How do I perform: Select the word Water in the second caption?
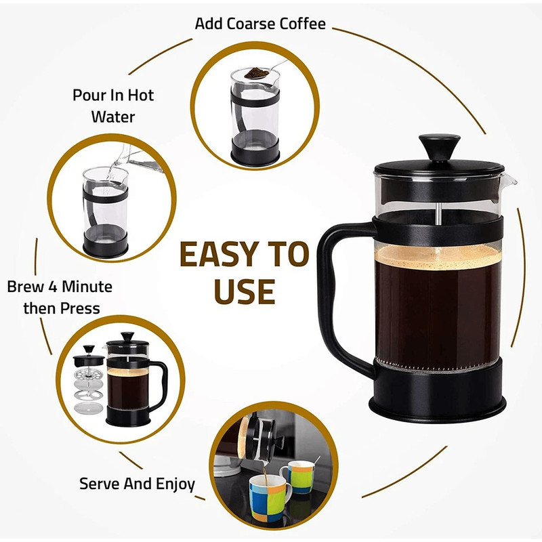[x=113, y=117]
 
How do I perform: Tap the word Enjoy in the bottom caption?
[x=173, y=484]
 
